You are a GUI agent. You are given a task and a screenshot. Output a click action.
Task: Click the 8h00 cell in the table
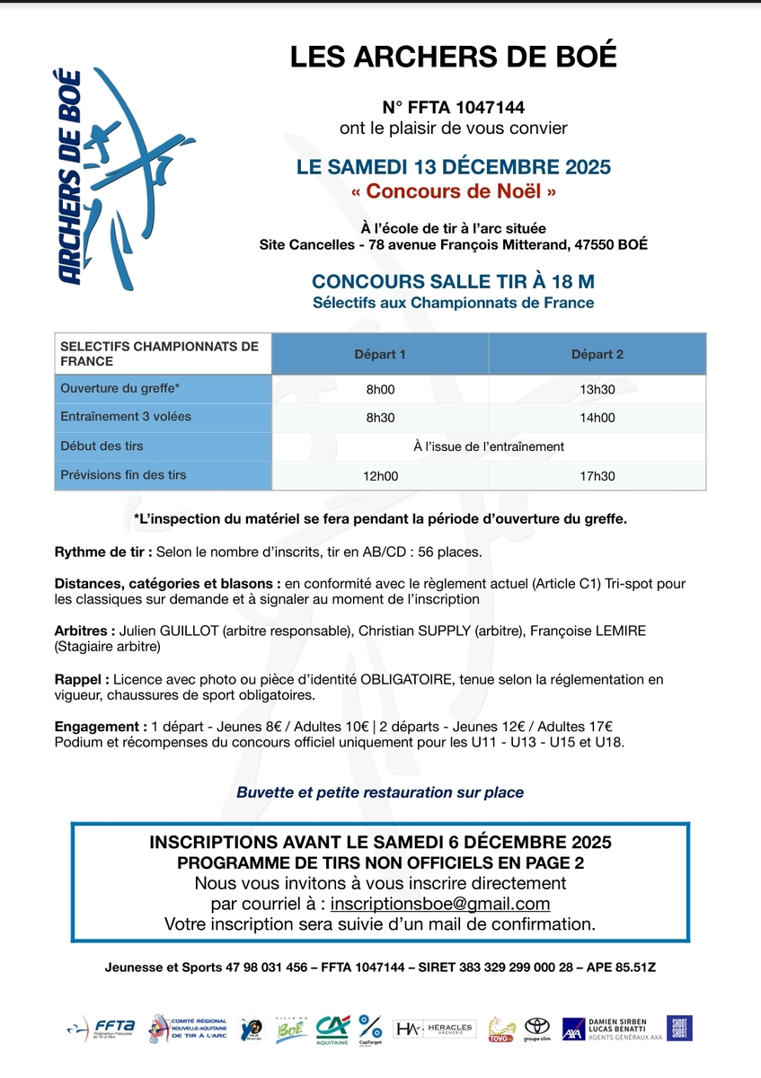click(379, 390)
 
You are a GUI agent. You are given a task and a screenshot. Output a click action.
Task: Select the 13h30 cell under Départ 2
click(597, 390)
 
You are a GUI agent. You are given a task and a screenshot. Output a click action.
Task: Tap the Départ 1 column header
click(379, 354)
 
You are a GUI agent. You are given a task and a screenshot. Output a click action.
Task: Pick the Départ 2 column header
click(597, 354)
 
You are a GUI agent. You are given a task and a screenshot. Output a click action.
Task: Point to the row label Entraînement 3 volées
click(125, 417)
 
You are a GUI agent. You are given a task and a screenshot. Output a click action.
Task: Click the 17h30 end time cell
click(597, 475)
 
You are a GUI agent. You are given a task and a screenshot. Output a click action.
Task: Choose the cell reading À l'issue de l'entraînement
click(489, 446)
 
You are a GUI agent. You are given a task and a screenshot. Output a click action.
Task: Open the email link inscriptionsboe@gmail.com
click(440, 904)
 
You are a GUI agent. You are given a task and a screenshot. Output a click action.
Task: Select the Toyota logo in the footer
click(536, 1028)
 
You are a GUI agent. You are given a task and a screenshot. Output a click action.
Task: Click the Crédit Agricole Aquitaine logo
click(332, 1028)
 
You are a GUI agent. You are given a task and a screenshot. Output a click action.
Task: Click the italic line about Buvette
click(380, 792)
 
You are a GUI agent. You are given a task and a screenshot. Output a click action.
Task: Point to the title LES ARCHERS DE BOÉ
click(454, 57)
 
